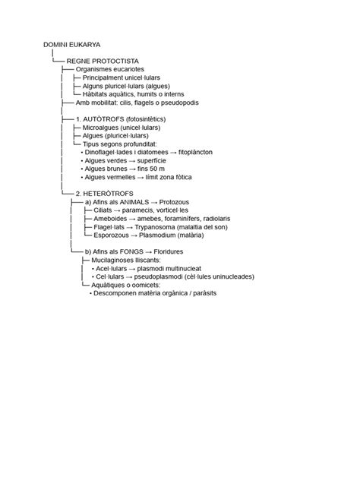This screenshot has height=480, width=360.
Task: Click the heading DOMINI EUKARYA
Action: (x=74, y=45)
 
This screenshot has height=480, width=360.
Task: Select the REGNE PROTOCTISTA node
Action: (x=102, y=60)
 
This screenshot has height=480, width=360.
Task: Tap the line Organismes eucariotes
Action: (x=109, y=68)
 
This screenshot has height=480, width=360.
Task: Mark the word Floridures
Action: (x=166, y=251)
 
